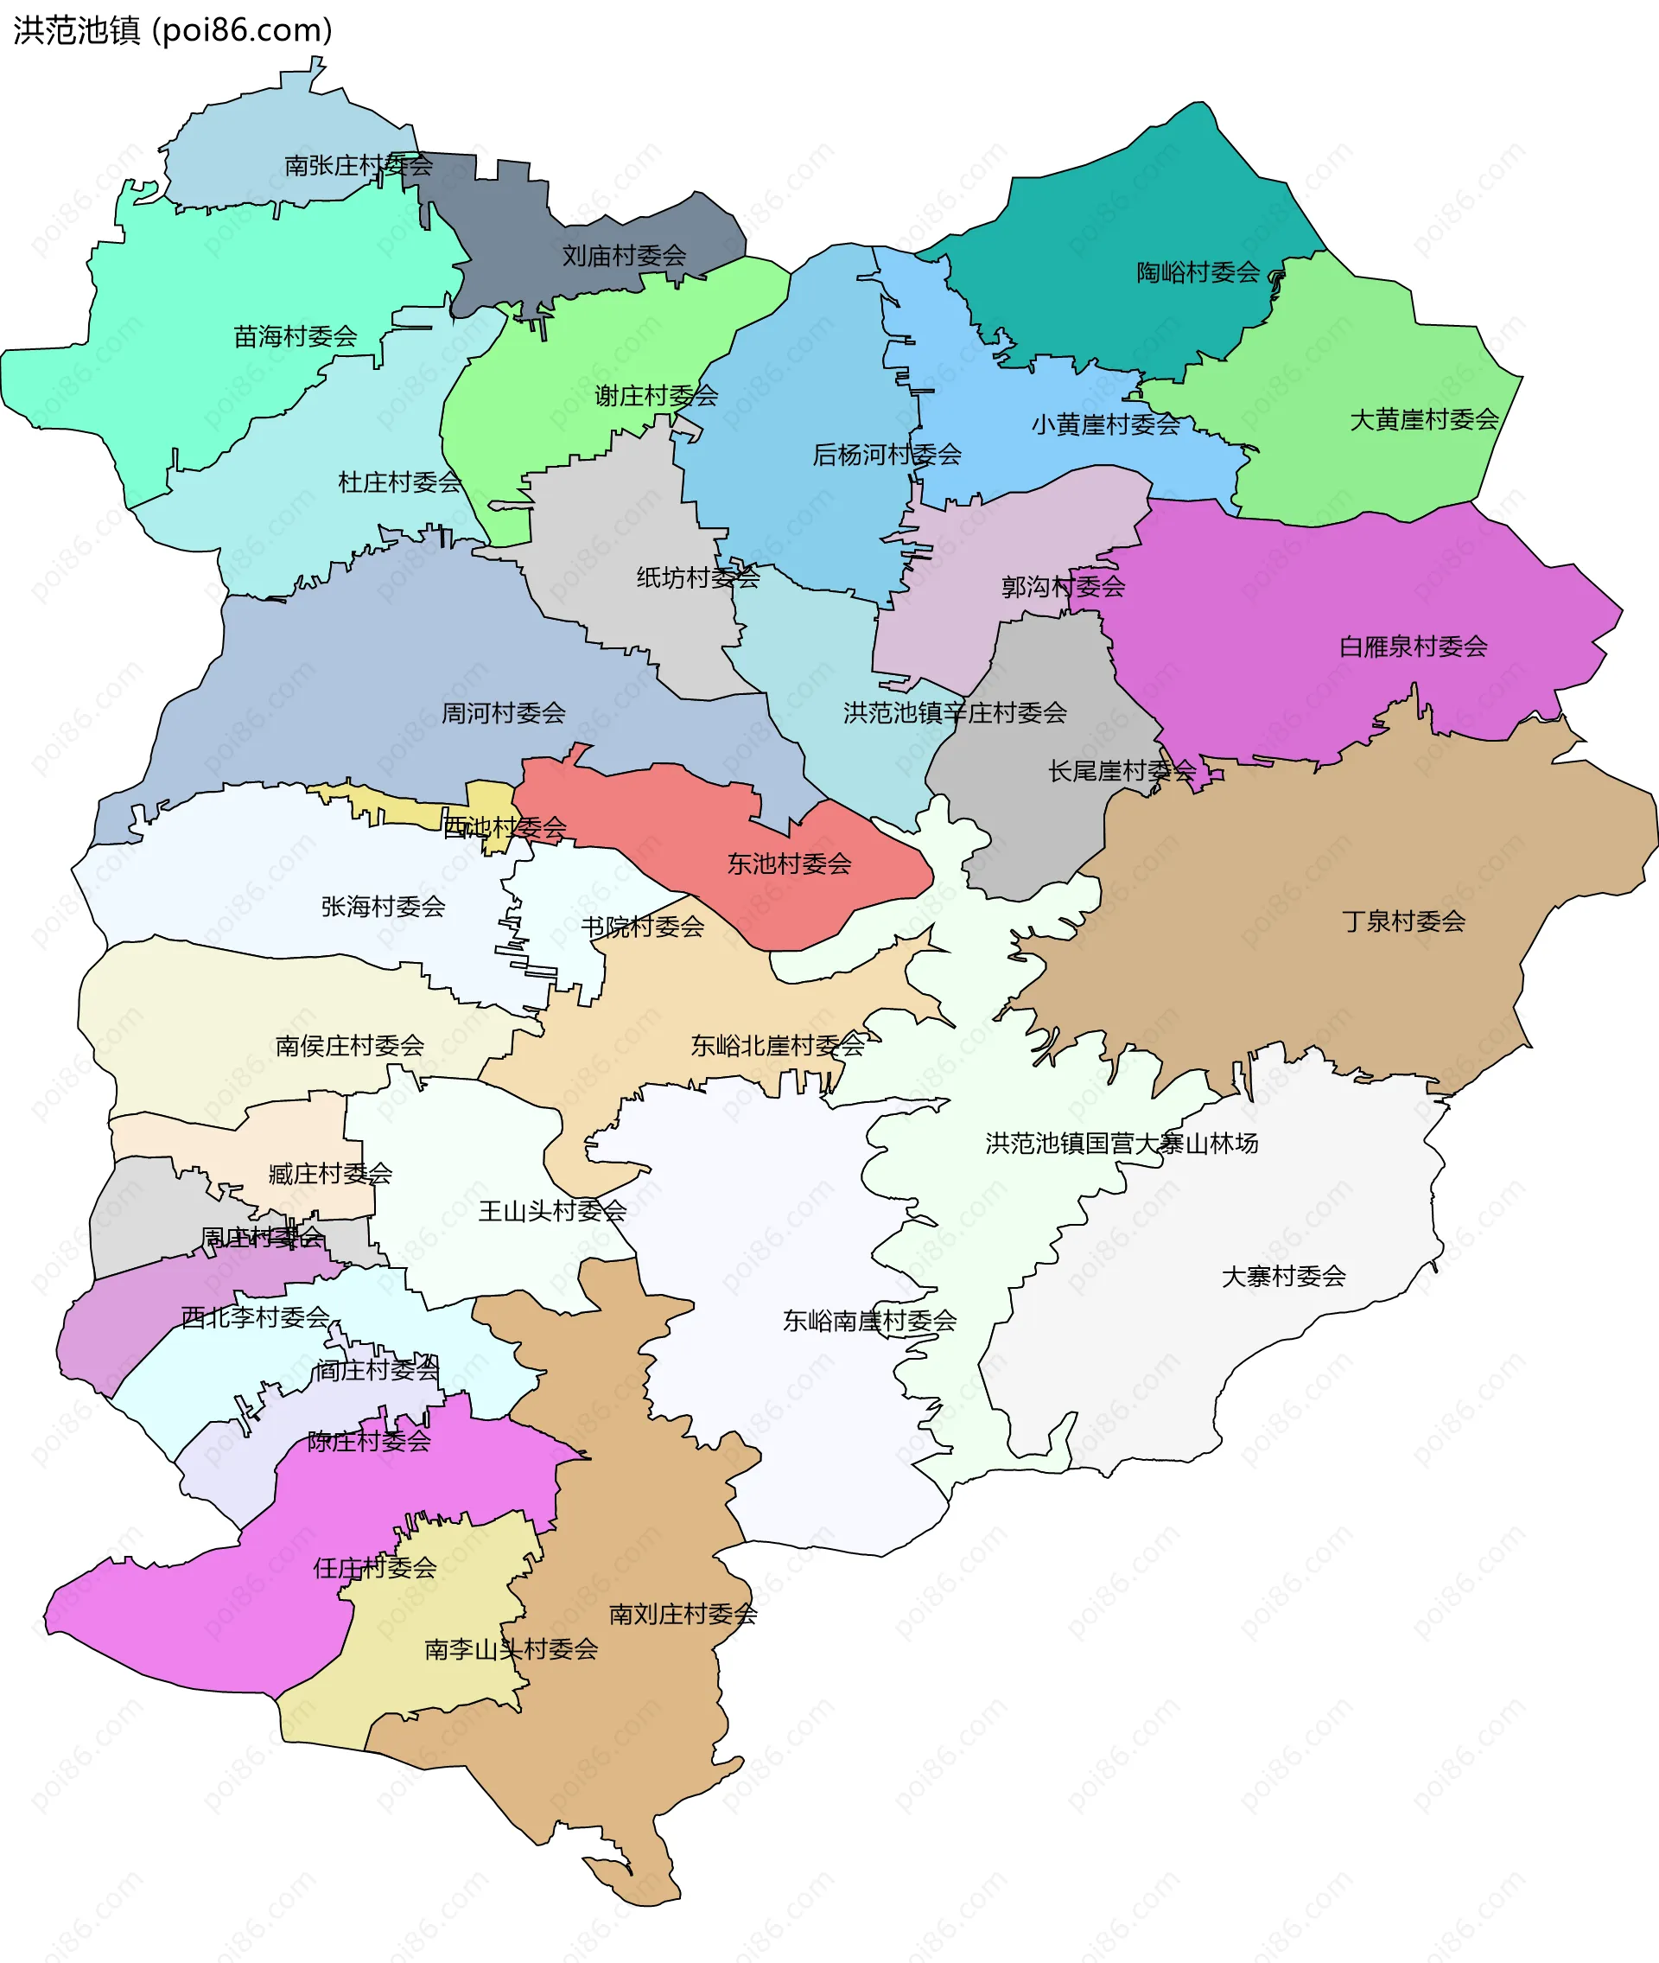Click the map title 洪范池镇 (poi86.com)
173,30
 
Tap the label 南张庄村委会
359,166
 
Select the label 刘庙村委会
624,255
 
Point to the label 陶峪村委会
1198,273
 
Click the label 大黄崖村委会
1423,419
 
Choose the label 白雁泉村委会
1413,647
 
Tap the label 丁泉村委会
1402,921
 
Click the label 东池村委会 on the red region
788,864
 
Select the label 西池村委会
504,828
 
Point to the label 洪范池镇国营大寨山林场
1121,1143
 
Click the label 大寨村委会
1283,1277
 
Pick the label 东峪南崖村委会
869,1321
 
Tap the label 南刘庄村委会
683,1614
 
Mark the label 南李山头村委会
511,1649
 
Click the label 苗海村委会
296,335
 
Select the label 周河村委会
503,713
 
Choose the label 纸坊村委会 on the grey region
697,577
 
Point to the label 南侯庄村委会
349,1045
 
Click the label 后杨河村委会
886,456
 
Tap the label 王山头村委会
552,1210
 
